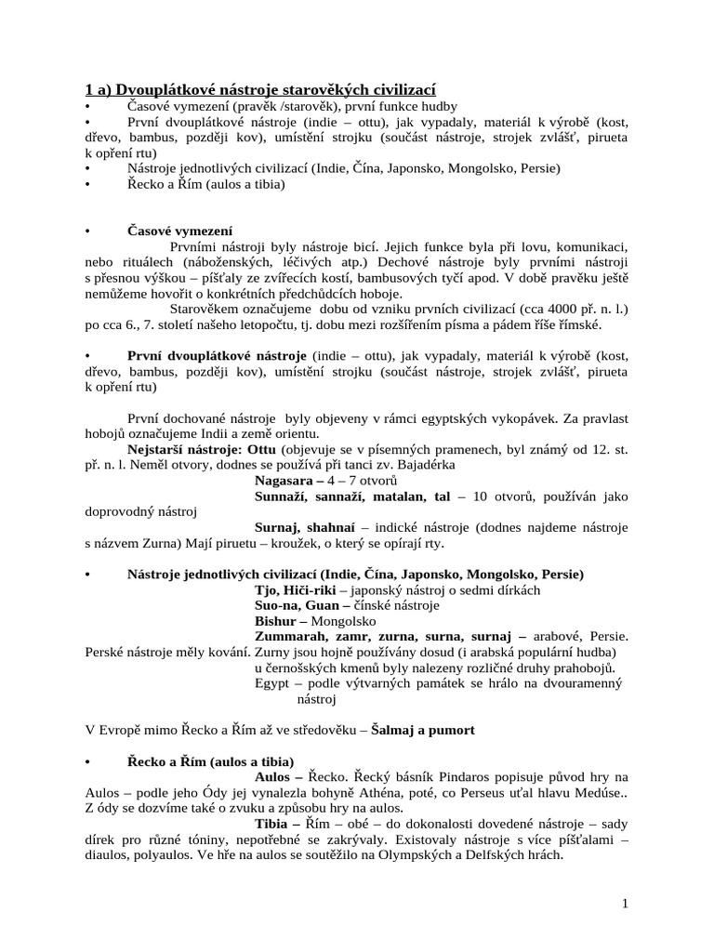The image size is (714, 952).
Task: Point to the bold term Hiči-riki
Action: [x=314, y=590]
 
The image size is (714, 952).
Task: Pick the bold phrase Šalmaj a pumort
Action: [x=423, y=730]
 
